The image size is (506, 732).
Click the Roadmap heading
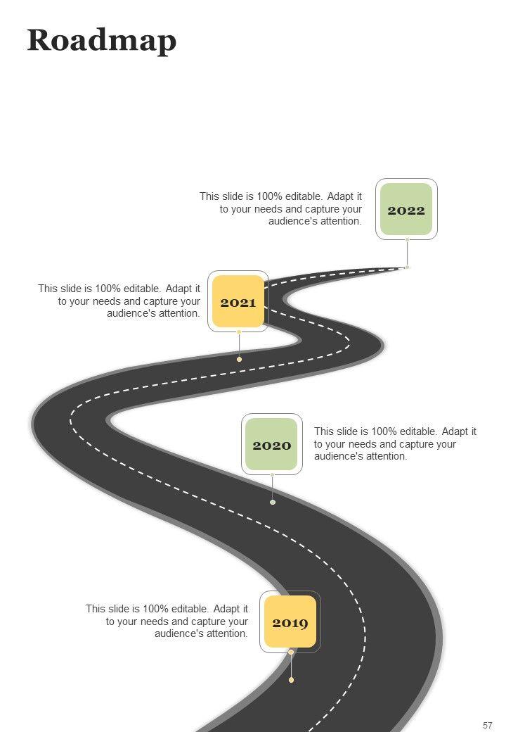pos(101,41)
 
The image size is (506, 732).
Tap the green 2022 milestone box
pos(406,210)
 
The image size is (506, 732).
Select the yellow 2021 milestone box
pos(238,302)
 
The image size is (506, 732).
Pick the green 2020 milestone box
pos(272,445)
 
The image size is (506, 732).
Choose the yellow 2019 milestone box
pos(290,622)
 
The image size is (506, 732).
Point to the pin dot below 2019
pos(291,680)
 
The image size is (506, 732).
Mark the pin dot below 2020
pos(273,502)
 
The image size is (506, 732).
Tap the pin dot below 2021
pos(239,359)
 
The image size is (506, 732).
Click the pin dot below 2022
pos(407,267)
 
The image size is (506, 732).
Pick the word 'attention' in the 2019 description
pos(226,633)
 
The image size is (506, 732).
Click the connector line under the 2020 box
pos(273,488)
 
